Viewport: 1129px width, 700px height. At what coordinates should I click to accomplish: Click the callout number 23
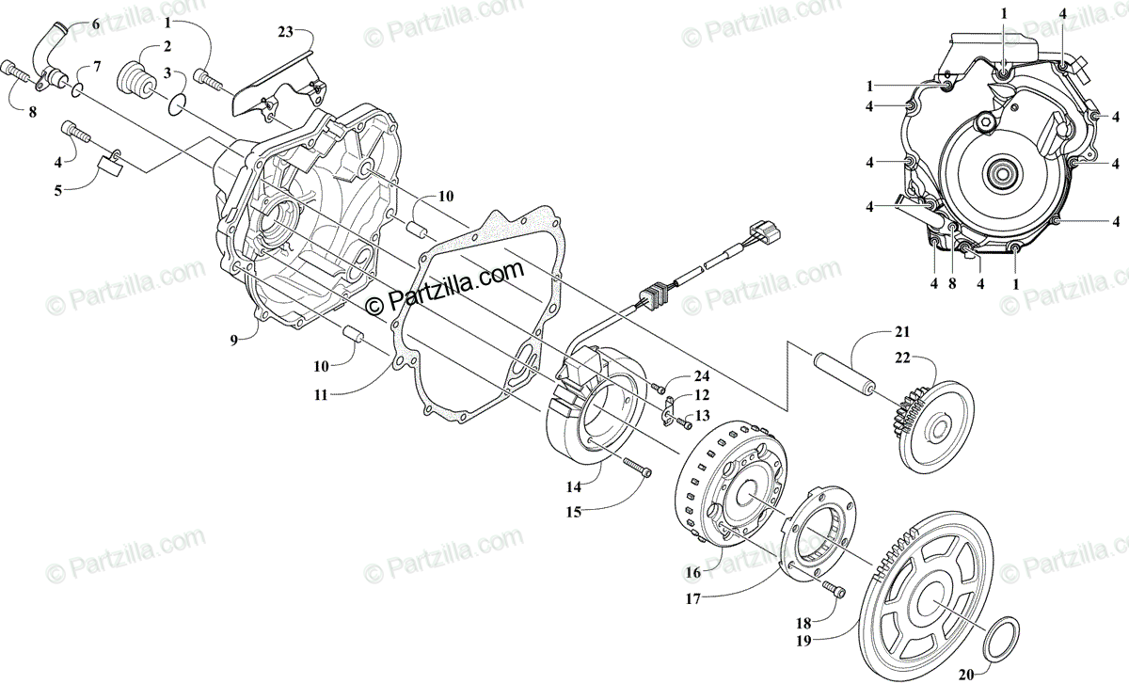tap(285, 32)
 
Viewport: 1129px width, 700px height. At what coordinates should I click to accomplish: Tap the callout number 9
tap(234, 341)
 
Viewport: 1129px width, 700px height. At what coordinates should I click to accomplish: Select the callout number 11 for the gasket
tap(321, 395)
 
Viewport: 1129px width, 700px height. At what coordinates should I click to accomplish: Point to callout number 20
tap(966, 675)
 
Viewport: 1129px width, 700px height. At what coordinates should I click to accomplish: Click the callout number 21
tap(902, 332)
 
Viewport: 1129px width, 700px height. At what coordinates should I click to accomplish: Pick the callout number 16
tap(693, 573)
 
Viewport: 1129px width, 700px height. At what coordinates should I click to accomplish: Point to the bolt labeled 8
tap(19, 75)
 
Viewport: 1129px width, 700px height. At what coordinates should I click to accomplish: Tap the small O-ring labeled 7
tap(77, 90)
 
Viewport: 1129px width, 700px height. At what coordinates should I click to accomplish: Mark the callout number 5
tap(58, 190)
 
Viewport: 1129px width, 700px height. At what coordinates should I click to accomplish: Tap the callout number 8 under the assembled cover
tap(952, 284)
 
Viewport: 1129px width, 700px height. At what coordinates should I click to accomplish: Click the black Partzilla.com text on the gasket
tap(444, 288)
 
